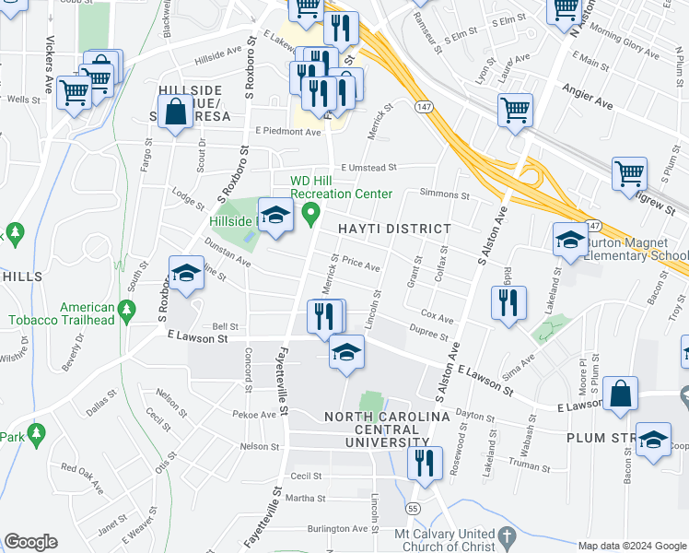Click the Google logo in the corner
click(x=30, y=542)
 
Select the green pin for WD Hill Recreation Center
click(x=311, y=216)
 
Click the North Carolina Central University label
click(x=387, y=430)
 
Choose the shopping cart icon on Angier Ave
click(x=515, y=110)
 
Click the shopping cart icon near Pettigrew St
click(x=630, y=171)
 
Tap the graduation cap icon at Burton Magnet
click(x=571, y=241)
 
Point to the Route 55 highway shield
click(x=414, y=509)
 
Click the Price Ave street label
click(x=361, y=265)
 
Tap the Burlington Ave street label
click(x=337, y=529)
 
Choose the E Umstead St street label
click(x=368, y=168)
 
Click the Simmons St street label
click(x=444, y=194)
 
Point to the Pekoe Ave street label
click(x=255, y=415)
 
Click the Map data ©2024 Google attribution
click(x=632, y=546)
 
